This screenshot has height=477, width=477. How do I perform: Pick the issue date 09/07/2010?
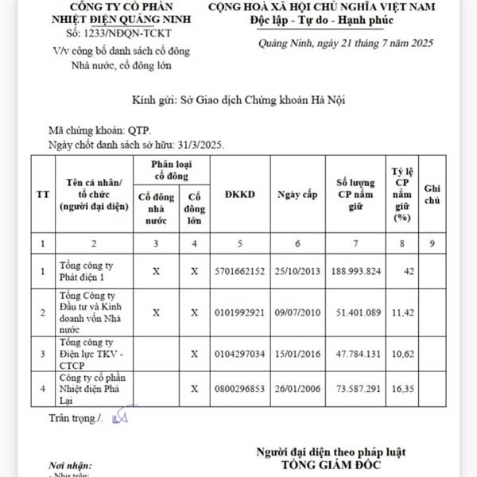pyautogui.click(x=297, y=312)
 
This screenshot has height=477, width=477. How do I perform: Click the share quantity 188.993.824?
pyautogui.click(x=355, y=271)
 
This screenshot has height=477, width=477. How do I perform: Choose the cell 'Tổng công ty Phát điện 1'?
pyautogui.click(x=88, y=271)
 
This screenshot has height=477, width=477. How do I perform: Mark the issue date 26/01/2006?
pyautogui.click(x=297, y=388)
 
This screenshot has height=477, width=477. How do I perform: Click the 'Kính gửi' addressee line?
pyautogui.click(x=238, y=100)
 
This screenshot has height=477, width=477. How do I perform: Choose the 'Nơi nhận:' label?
pyautogui.click(x=69, y=464)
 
